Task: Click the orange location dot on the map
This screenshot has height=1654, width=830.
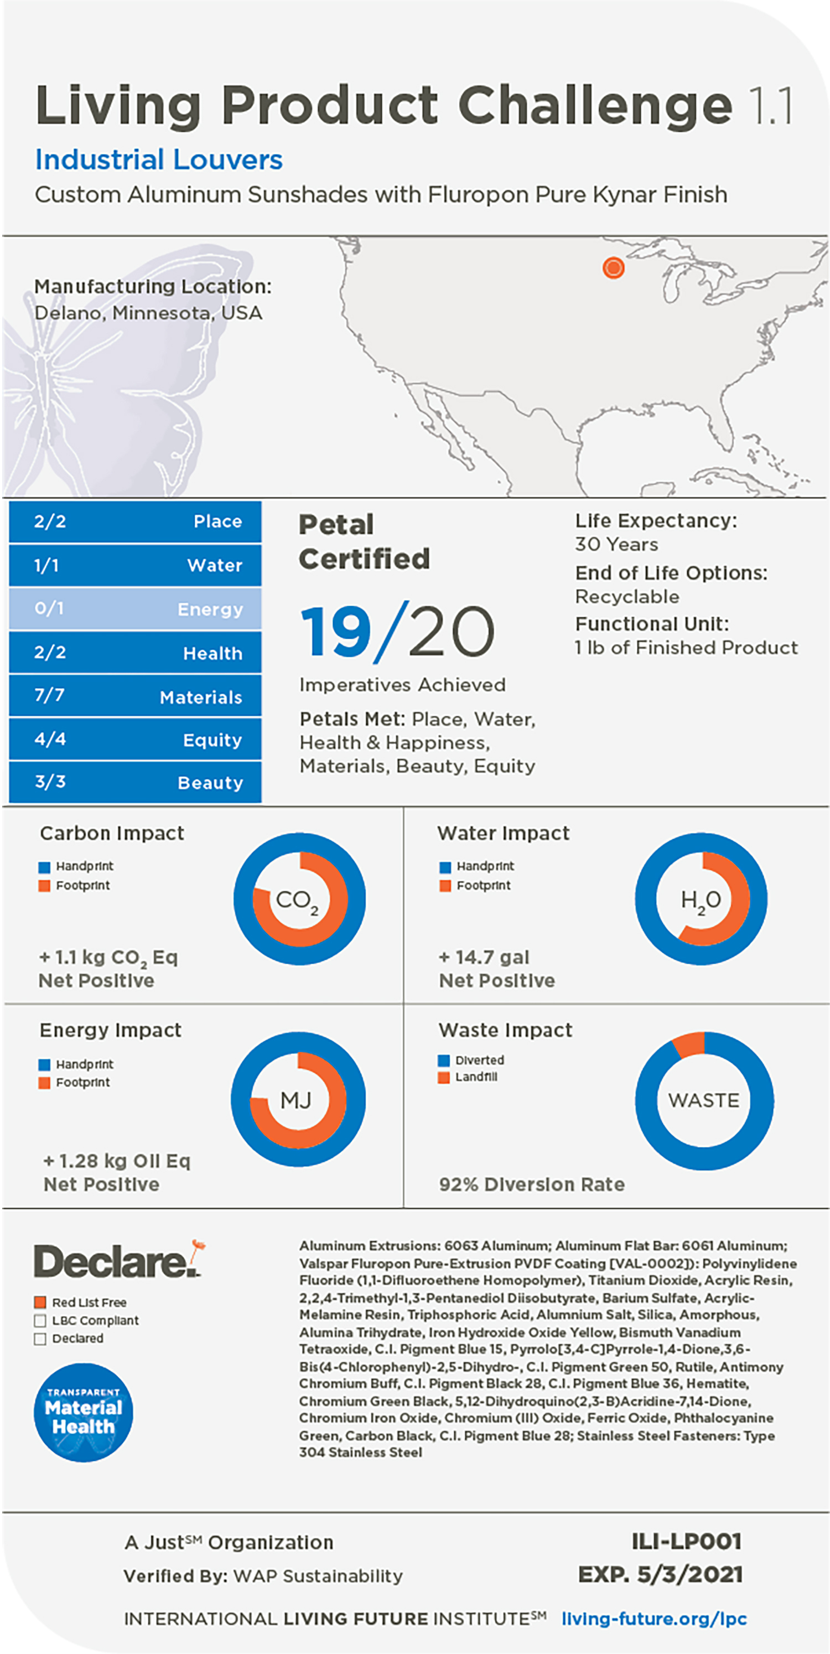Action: click(613, 267)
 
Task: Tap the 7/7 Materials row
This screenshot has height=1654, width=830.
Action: click(136, 696)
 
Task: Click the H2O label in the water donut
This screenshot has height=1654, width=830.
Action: click(701, 900)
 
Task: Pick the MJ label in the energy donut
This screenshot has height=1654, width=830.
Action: click(296, 1100)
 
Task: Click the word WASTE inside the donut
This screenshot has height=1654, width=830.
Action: click(703, 1100)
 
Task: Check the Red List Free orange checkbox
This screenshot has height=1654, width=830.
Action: click(40, 1302)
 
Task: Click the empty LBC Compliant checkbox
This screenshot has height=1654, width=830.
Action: click(40, 1320)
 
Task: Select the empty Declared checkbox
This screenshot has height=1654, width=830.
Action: click(40, 1338)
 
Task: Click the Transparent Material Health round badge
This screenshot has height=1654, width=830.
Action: click(84, 1413)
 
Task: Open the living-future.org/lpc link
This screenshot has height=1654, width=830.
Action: click(653, 1619)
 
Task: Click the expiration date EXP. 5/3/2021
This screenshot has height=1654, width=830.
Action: click(660, 1574)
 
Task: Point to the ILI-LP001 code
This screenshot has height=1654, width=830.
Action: click(686, 1541)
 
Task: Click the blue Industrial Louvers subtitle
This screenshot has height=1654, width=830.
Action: click(159, 159)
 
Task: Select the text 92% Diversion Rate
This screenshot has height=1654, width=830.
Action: click(532, 1185)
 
